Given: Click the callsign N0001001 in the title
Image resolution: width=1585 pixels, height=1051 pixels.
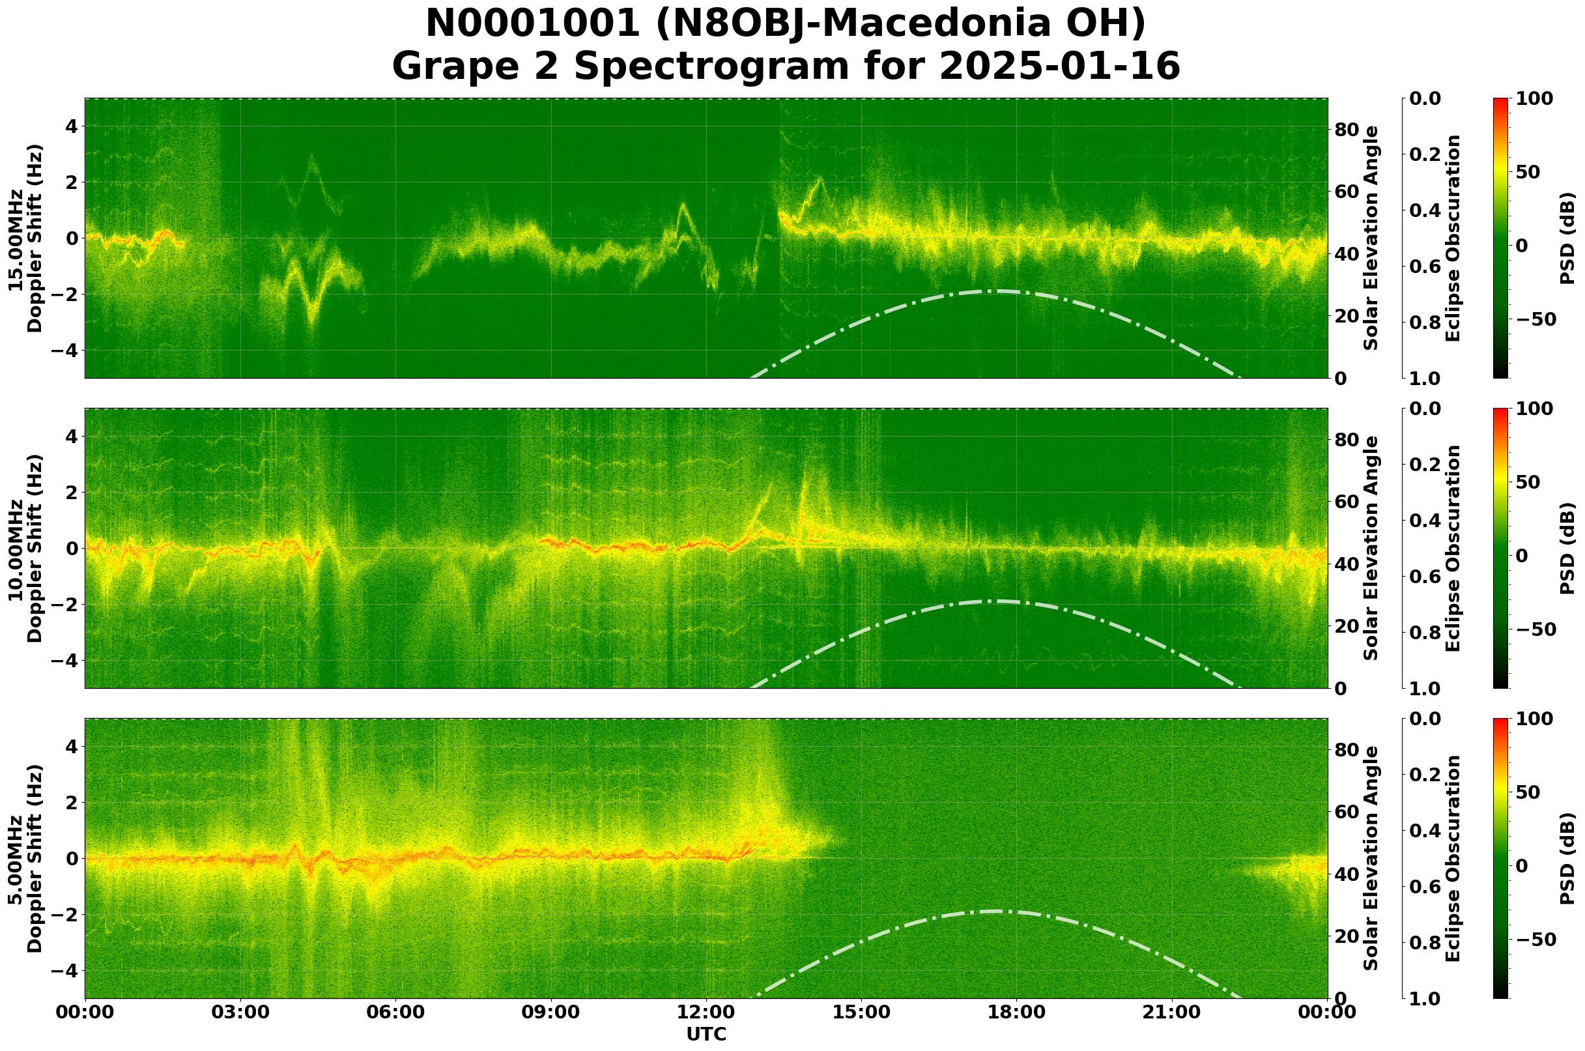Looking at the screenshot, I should (x=534, y=24).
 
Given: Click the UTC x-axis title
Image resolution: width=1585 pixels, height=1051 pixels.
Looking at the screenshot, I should (x=706, y=1035).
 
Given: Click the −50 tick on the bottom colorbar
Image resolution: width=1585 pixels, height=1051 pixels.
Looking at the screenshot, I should (x=1534, y=940).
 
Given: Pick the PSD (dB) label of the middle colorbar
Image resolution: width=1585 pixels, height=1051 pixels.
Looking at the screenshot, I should (x=1567, y=548).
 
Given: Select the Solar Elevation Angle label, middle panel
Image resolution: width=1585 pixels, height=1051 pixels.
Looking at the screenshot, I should (x=1371, y=548).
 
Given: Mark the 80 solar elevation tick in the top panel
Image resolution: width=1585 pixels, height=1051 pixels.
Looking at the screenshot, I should (x=1346, y=130).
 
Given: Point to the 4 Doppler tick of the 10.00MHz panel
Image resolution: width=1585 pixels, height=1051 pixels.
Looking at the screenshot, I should (x=70, y=437).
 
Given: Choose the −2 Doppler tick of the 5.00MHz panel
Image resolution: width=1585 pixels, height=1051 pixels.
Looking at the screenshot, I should (x=64, y=915).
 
